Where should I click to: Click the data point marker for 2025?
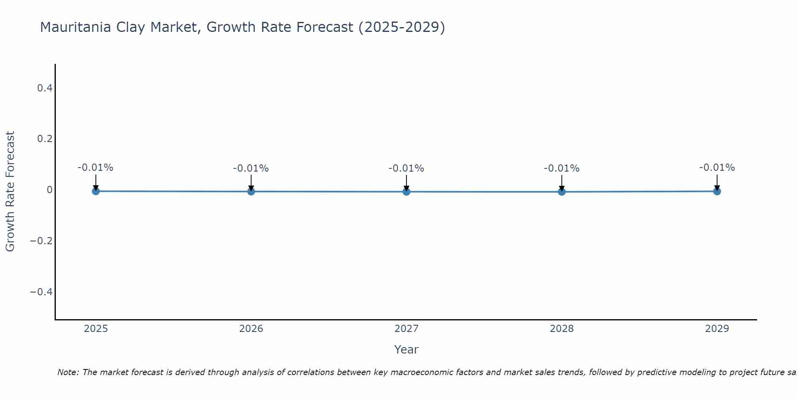tap(96, 191)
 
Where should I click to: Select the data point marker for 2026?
tap(251, 192)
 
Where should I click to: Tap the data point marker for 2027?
tap(406, 192)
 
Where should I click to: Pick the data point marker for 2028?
tap(561, 192)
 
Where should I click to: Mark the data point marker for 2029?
tap(717, 191)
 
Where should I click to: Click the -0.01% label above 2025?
tap(96, 168)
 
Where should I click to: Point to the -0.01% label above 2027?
tap(406, 168)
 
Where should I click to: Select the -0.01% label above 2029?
tap(717, 168)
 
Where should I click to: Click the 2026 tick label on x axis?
tap(251, 329)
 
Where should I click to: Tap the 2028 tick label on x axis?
tap(561, 329)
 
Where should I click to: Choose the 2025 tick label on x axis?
tap(96, 329)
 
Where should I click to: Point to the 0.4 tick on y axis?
tap(45, 88)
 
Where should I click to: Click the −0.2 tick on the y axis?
tap(41, 241)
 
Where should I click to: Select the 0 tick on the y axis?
tap(49, 190)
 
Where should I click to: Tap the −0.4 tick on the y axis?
tap(41, 292)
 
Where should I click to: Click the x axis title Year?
tap(406, 350)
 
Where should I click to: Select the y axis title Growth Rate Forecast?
tap(10, 191)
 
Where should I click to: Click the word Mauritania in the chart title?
tap(75, 27)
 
